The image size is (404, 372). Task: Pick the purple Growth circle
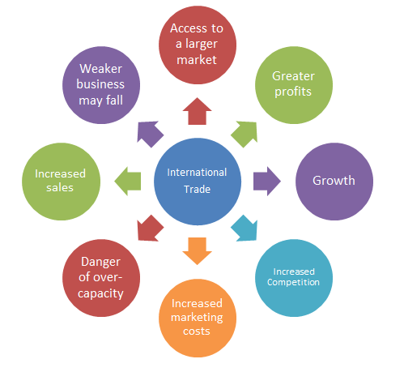click(x=333, y=180)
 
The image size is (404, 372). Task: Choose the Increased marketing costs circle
click(x=197, y=317)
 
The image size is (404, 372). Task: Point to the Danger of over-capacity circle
click(x=103, y=276)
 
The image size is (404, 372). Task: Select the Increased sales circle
click(x=61, y=180)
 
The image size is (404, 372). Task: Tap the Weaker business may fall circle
click(x=102, y=83)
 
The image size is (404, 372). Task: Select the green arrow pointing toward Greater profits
click(x=245, y=131)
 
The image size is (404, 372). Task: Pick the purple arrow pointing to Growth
click(x=266, y=180)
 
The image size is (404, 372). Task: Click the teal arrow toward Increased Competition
click(x=245, y=229)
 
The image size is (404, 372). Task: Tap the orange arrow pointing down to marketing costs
click(x=197, y=250)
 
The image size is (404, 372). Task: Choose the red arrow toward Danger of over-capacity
click(x=148, y=229)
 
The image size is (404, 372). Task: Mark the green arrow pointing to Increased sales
click(x=128, y=180)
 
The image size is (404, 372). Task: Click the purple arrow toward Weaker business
click(x=148, y=131)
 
